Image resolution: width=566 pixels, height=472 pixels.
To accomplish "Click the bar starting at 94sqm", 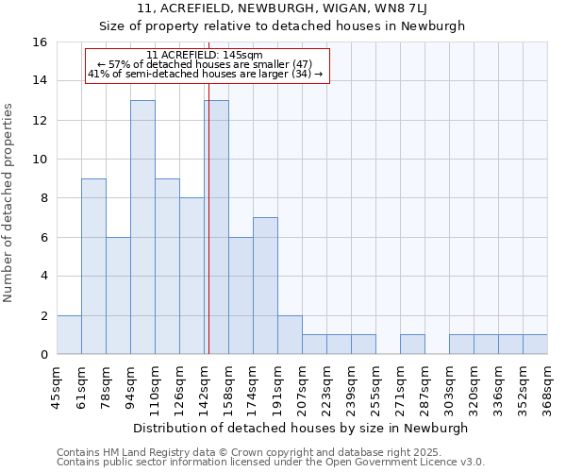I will pyautogui.click(x=142, y=227).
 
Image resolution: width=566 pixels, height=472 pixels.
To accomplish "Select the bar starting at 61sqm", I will pyautogui.click(x=93, y=266).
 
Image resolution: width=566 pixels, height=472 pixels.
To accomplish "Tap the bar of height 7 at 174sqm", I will pyautogui.click(x=265, y=286).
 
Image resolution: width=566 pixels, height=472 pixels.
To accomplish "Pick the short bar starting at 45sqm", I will pyautogui.click(x=69, y=335).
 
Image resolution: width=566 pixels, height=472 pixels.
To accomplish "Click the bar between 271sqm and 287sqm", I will pyautogui.click(x=412, y=345).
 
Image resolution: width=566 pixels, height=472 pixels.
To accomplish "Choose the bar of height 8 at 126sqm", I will pyautogui.click(x=191, y=276).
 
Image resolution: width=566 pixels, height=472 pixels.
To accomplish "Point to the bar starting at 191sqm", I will pyautogui.click(x=290, y=335).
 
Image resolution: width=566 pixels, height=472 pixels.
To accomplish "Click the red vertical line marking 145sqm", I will pyautogui.click(x=208, y=217).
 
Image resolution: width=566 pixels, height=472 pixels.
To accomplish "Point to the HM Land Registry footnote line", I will pyautogui.click(x=269, y=453).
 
